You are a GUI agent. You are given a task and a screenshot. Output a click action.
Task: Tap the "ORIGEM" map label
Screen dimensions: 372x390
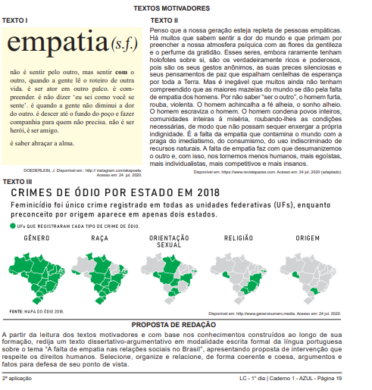coord(308,239)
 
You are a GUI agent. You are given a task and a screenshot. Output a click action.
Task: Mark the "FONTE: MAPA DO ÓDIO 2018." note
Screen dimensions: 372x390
coord(36,310)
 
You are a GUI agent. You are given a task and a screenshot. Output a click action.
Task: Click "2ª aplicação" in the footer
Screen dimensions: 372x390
coord(17,377)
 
